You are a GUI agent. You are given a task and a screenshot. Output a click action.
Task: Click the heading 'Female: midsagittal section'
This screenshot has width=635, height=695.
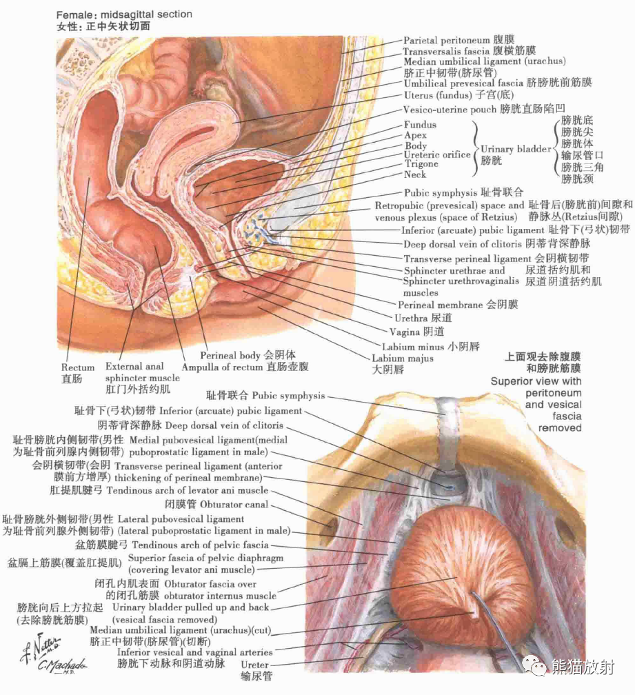[x=123, y=14]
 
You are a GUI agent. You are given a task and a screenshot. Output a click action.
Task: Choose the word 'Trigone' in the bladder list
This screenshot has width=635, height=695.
[x=421, y=164]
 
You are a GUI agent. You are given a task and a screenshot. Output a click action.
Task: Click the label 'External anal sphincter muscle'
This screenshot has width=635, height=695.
[x=142, y=372]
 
